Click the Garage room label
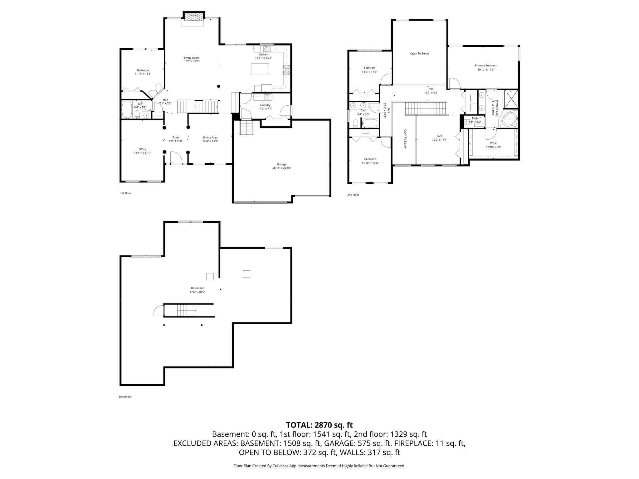point(281,164)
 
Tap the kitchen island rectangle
point(260,69)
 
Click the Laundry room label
point(265,105)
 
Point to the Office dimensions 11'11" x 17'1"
point(142,153)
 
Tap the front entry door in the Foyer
point(176,157)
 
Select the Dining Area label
point(210,138)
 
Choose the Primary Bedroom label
point(486,65)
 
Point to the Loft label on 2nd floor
point(439,136)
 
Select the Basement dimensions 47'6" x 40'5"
point(197,292)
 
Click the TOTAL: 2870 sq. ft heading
point(319,425)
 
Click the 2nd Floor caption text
point(353,195)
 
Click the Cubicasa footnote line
point(319,466)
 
